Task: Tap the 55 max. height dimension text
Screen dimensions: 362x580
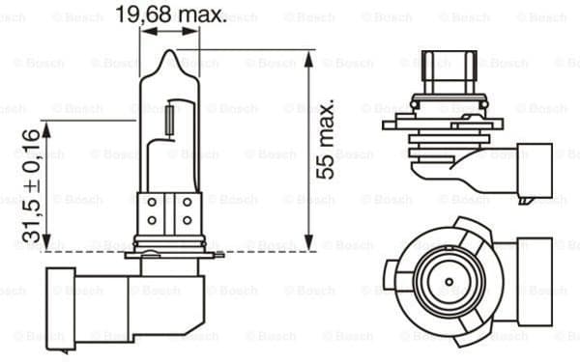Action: (x=326, y=137)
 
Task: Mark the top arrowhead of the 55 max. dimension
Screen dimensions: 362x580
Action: (x=308, y=56)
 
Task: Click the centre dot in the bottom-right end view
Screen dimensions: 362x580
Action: (x=448, y=281)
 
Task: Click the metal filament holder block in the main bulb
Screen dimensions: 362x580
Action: (x=169, y=211)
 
